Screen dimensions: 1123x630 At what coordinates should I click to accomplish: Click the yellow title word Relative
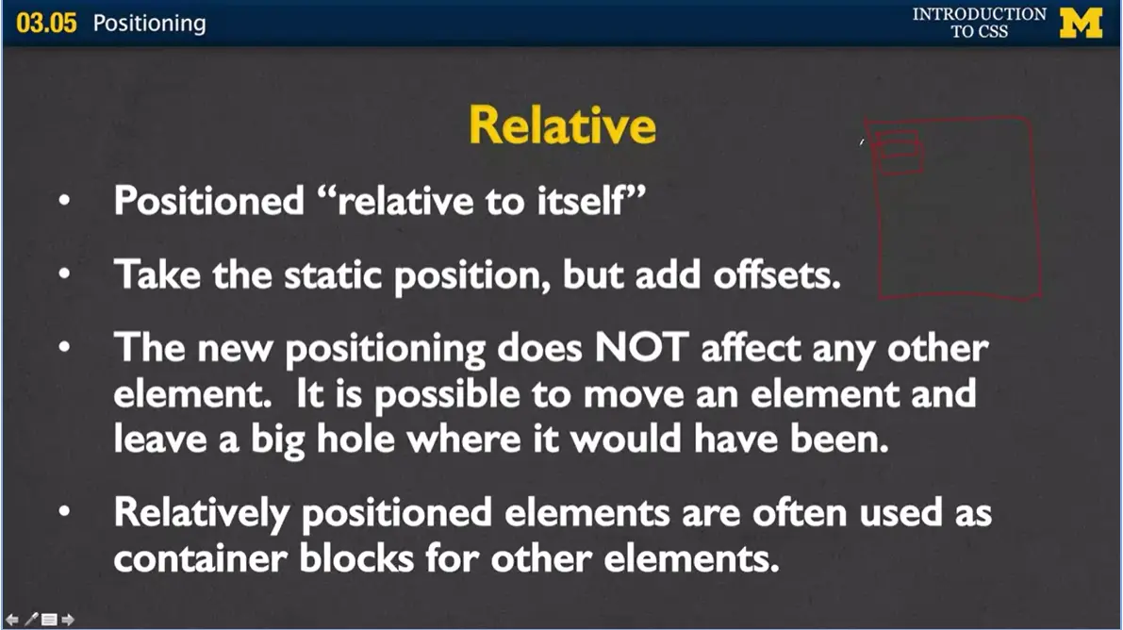pos(562,125)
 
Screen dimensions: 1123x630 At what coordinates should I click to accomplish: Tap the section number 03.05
pos(46,23)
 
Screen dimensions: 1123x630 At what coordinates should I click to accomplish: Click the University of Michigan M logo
pos(1081,23)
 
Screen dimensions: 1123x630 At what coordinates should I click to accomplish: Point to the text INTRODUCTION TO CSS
pos(979,23)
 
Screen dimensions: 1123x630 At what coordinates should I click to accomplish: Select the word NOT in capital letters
pos(641,348)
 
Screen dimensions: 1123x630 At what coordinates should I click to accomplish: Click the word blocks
pos(356,557)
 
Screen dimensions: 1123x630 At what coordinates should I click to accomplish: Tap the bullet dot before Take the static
pos(64,274)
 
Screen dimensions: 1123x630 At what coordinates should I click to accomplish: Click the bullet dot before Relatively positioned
pos(64,511)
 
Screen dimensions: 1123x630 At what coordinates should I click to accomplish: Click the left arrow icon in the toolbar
pos(12,620)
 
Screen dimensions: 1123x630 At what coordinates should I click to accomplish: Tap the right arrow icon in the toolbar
pos(68,620)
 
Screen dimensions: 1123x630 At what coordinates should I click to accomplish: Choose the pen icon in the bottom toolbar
pos(31,620)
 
